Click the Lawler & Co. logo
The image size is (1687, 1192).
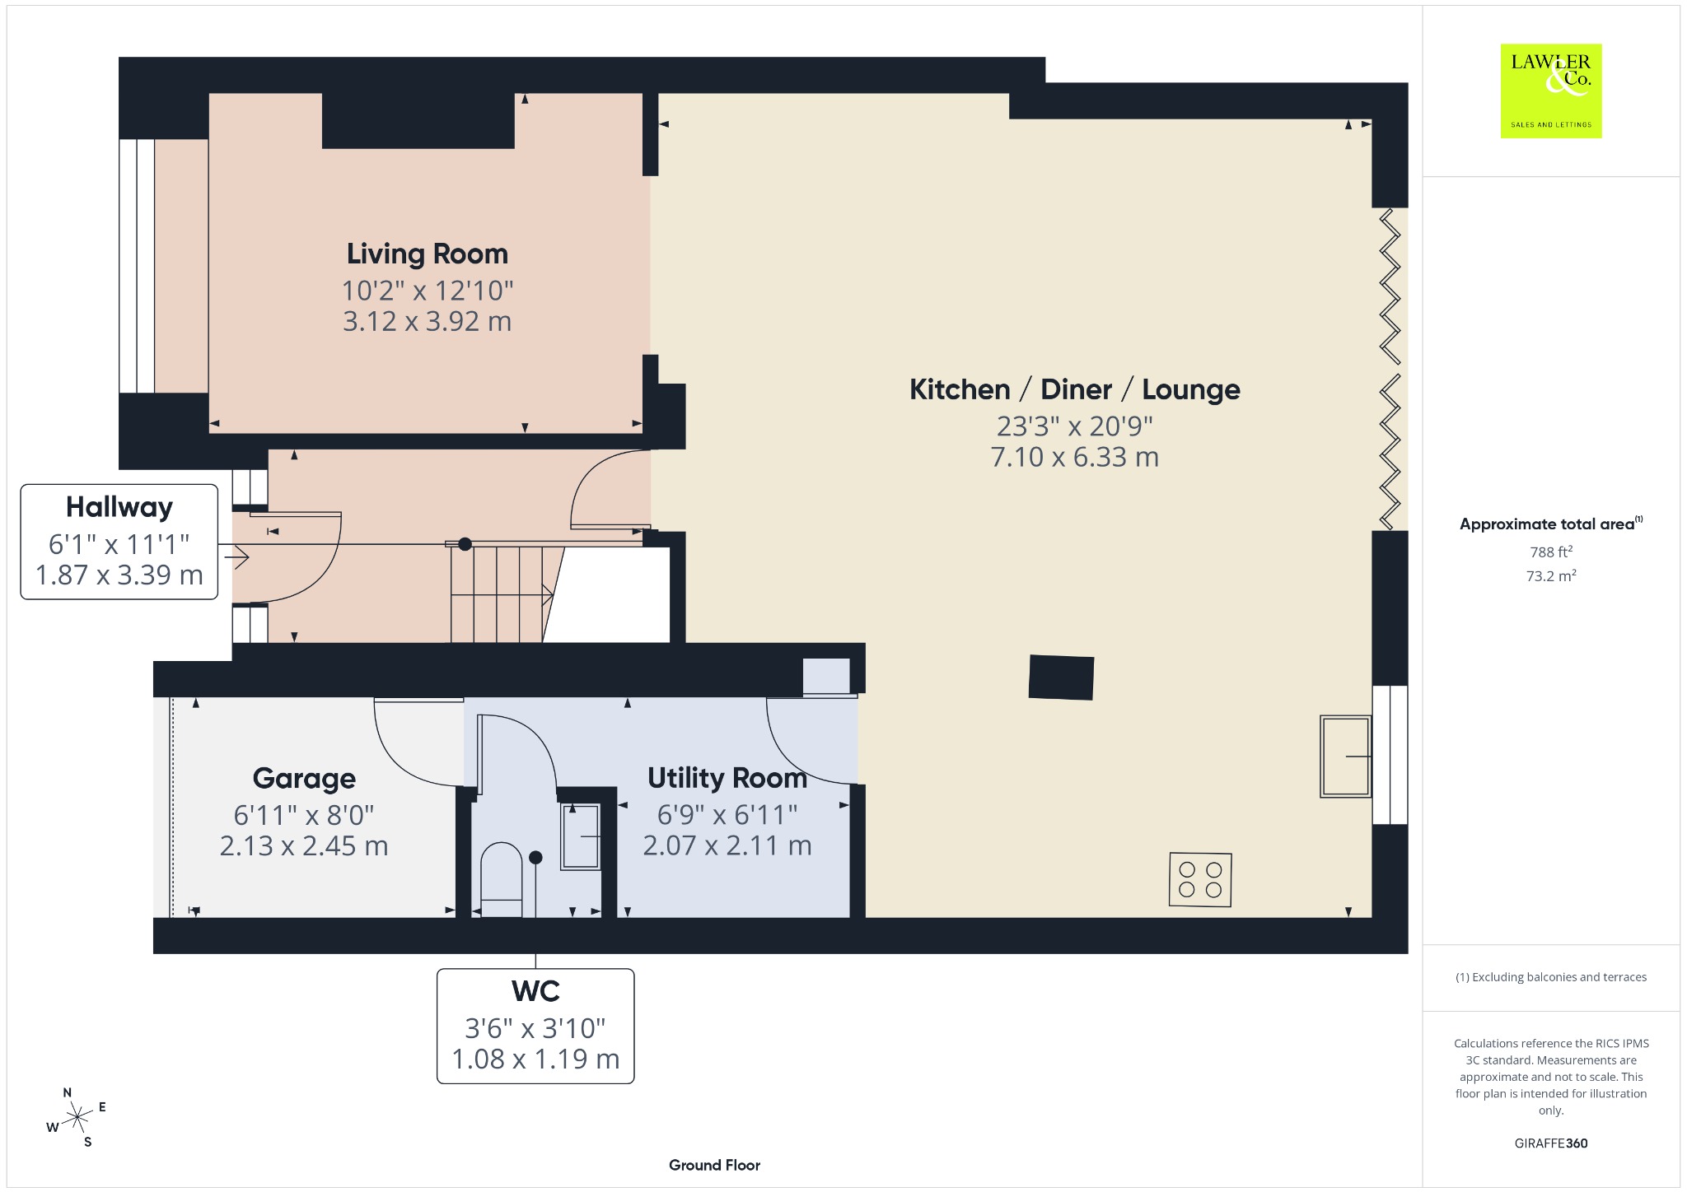tap(1550, 91)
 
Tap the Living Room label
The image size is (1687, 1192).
tap(427, 254)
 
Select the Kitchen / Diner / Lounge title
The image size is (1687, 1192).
tap(1074, 389)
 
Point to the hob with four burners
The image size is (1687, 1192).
tap(1200, 880)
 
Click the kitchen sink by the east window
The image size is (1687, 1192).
tap(1345, 756)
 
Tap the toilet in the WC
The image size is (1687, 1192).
tap(501, 879)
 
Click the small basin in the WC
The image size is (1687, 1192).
tap(580, 836)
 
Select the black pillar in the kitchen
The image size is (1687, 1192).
tap(1061, 677)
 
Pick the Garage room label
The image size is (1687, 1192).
tap(304, 778)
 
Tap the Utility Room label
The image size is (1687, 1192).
tap(727, 777)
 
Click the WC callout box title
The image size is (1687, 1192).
tap(535, 991)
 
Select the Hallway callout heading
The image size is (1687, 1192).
tap(119, 507)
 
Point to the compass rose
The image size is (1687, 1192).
tap(77, 1117)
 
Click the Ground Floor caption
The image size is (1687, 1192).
tap(714, 1165)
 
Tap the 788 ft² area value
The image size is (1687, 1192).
tap(1551, 552)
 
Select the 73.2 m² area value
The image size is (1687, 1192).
tap(1551, 575)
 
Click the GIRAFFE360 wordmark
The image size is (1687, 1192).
tap(1551, 1143)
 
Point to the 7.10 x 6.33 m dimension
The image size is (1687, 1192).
tap(1074, 457)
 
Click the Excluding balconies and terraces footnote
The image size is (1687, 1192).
tap(1551, 977)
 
